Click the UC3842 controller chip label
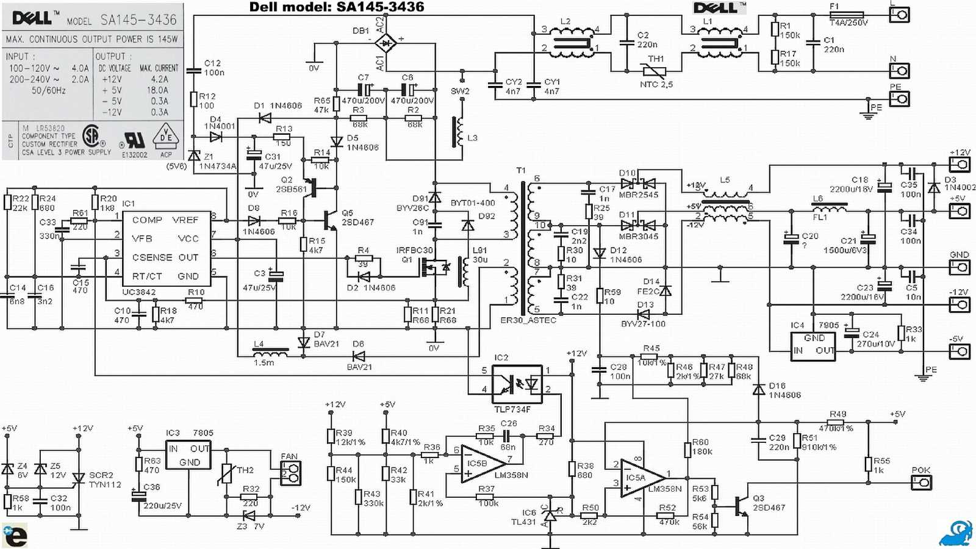[x=139, y=292]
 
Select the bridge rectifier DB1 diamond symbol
[x=386, y=43]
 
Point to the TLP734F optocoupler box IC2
[x=517, y=383]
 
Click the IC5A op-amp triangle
[x=640, y=478]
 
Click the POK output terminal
[x=921, y=483]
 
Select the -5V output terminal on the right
[x=959, y=351]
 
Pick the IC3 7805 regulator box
[x=189, y=455]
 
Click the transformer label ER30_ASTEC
[x=528, y=320]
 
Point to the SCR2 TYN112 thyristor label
[x=105, y=480]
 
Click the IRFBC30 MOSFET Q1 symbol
[x=434, y=267]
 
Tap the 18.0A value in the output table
[x=157, y=90]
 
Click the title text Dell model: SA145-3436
[x=337, y=7]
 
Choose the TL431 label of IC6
[x=523, y=522]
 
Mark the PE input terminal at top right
[x=899, y=98]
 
